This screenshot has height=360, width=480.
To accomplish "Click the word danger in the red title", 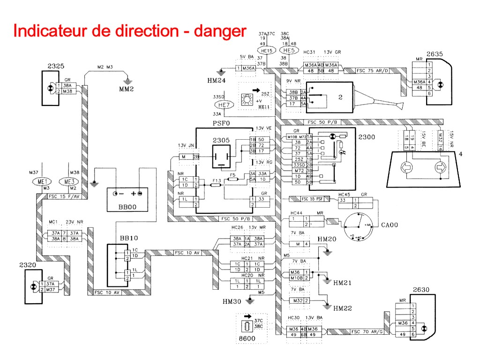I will (x=220, y=31).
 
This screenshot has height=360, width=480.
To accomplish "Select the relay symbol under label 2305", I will (x=220, y=155).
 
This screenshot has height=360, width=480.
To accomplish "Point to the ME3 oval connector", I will (x=67, y=181).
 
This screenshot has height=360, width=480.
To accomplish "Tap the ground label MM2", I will (x=127, y=88).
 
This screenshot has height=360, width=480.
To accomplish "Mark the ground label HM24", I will (x=217, y=80).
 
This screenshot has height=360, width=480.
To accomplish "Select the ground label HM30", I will (x=232, y=301).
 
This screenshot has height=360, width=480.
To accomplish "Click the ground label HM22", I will (x=343, y=308).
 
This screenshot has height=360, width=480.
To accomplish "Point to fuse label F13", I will (x=217, y=180).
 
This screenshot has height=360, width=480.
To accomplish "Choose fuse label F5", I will (x=232, y=174).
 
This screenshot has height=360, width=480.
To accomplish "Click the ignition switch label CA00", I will (x=390, y=225).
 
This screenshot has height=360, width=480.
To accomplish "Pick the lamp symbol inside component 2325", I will (x=50, y=89).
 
